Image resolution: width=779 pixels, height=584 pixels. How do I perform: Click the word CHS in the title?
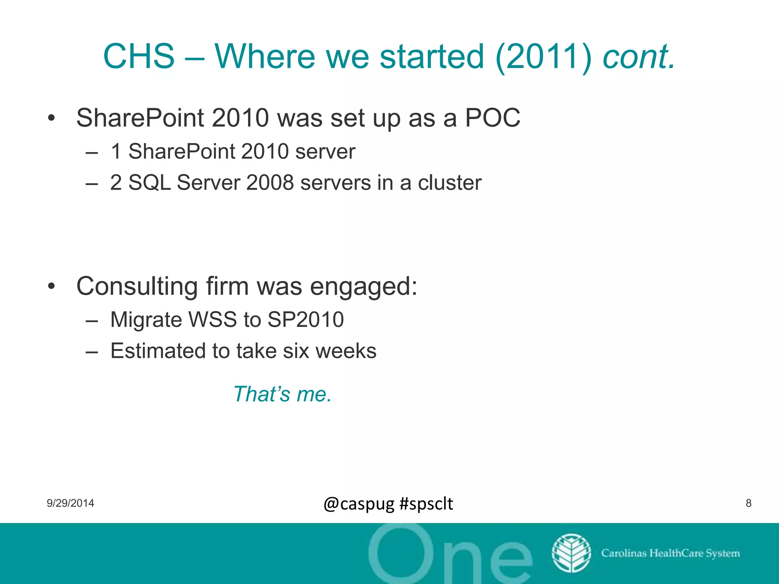139,56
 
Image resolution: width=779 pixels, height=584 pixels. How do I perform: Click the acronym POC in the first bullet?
493,118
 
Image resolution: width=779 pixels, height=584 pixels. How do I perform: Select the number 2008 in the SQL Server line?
270,183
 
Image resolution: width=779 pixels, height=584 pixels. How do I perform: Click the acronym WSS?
213,319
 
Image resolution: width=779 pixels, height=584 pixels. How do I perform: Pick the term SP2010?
305,319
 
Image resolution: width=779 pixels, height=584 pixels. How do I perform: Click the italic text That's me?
283,394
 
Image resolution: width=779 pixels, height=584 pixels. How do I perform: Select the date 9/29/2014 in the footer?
70,503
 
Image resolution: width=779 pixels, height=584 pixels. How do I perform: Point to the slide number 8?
748,503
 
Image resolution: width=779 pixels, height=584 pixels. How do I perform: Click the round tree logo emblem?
571,553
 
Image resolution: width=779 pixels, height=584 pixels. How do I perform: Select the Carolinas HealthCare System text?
670,553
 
